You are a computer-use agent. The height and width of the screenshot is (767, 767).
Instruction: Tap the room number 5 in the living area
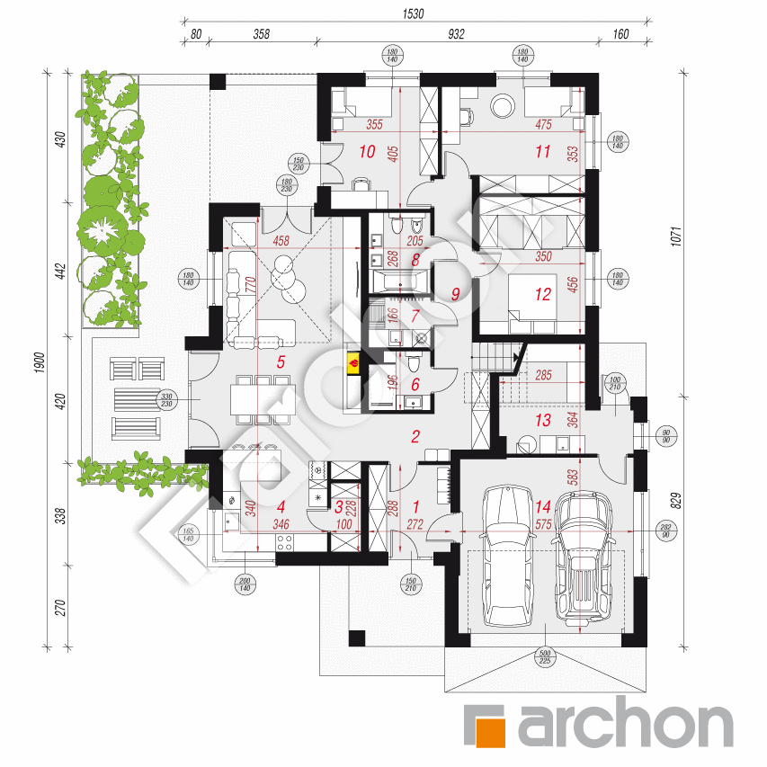(x=281, y=362)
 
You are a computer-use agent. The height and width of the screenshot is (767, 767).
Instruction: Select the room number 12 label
(x=542, y=293)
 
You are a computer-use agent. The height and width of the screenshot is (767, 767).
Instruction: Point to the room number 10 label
(x=367, y=151)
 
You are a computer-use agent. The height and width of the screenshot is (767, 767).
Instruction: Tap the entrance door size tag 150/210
(x=411, y=584)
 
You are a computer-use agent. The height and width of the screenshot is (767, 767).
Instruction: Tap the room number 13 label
(x=541, y=420)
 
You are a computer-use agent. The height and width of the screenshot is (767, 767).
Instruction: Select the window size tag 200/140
(x=245, y=584)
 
